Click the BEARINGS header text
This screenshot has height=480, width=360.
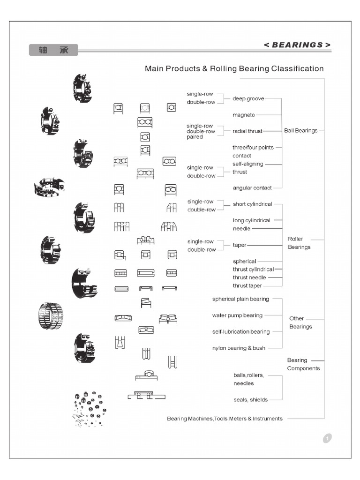(x=297, y=45)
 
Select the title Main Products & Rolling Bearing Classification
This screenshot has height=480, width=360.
(x=234, y=68)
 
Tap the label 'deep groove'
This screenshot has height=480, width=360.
(x=248, y=98)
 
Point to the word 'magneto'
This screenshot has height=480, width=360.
(x=243, y=115)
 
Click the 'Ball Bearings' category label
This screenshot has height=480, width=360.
(x=300, y=131)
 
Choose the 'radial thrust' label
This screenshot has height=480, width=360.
(x=247, y=131)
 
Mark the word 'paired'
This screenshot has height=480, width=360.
(x=195, y=137)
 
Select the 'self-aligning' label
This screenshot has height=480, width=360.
(x=247, y=164)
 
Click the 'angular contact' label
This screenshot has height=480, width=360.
(x=252, y=188)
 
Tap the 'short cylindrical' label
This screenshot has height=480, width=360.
(x=252, y=204)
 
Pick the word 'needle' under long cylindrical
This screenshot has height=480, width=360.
(x=241, y=229)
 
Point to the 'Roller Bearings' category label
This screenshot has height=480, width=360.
(x=299, y=243)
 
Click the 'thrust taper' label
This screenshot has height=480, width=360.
(x=247, y=285)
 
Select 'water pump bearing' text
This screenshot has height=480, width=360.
(x=237, y=315)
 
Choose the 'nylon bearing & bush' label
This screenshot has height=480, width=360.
(x=239, y=348)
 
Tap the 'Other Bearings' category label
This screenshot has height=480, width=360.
(x=300, y=322)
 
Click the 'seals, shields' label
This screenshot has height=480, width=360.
(x=250, y=400)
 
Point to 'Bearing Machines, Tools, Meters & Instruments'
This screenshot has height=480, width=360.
(x=225, y=419)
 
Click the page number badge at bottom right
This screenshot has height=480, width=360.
(x=327, y=438)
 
